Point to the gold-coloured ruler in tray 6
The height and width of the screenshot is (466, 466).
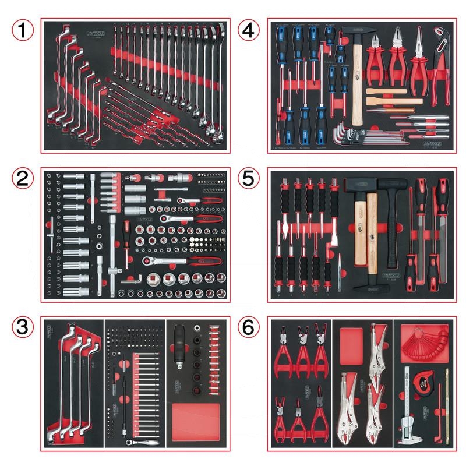pos(447,408)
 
